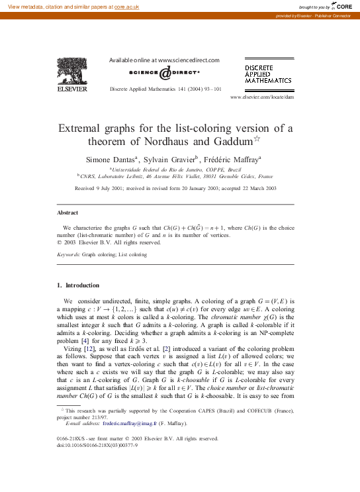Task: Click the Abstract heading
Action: point(68,213)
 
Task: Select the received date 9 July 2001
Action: point(110,189)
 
